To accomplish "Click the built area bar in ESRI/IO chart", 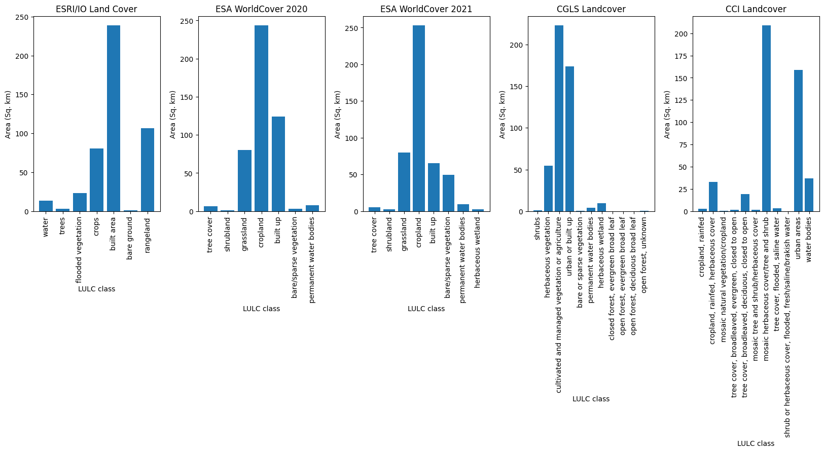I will [x=114, y=119].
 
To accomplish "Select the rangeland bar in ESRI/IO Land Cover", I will [x=148, y=170].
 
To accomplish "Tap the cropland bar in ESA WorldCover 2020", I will [x=261, y=119].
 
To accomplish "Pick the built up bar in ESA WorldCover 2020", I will [x=278, y=164].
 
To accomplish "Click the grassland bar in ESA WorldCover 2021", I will [x=404, y=182].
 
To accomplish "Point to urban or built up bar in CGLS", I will [x=569, y=139].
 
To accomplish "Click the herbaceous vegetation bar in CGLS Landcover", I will [x=548, y=189].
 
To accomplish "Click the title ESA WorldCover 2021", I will [x=426, y=9].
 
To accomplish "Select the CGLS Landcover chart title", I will [x=591, y=9].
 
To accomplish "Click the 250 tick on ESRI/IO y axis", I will [x=23, y=17].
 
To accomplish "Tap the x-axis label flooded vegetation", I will [x=79, y=250].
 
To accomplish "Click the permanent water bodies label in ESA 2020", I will [x=312, y=260].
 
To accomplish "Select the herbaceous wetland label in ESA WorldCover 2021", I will [x=477, y=253].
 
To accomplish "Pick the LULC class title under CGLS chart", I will [x=591, y=399].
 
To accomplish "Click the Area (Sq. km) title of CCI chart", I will [x=667, y=115].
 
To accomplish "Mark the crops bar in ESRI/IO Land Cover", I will [x=96, y=180].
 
